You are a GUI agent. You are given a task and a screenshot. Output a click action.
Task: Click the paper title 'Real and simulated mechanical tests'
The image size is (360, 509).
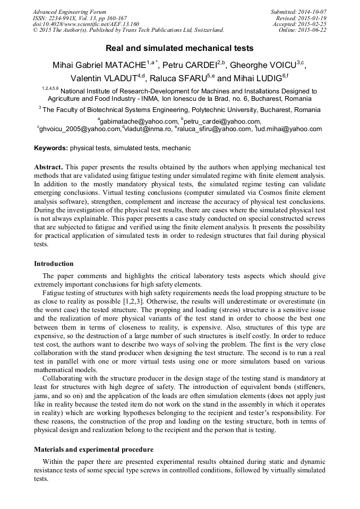(179, 48)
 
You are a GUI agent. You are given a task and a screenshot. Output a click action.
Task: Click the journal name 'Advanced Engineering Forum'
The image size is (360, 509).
(69, 12)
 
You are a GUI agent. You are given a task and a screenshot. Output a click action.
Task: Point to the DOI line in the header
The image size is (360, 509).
(86, 24)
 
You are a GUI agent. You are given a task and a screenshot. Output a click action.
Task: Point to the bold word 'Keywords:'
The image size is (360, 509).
(51, 148)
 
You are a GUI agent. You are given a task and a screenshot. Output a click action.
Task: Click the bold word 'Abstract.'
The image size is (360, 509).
(49, 167)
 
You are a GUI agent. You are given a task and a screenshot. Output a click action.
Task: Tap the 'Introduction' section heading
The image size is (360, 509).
(54, 264)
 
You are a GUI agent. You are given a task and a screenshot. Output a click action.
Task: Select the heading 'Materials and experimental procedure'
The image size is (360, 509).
(93, 449)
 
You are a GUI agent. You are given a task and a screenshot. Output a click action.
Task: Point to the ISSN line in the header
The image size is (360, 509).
(80, 18)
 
